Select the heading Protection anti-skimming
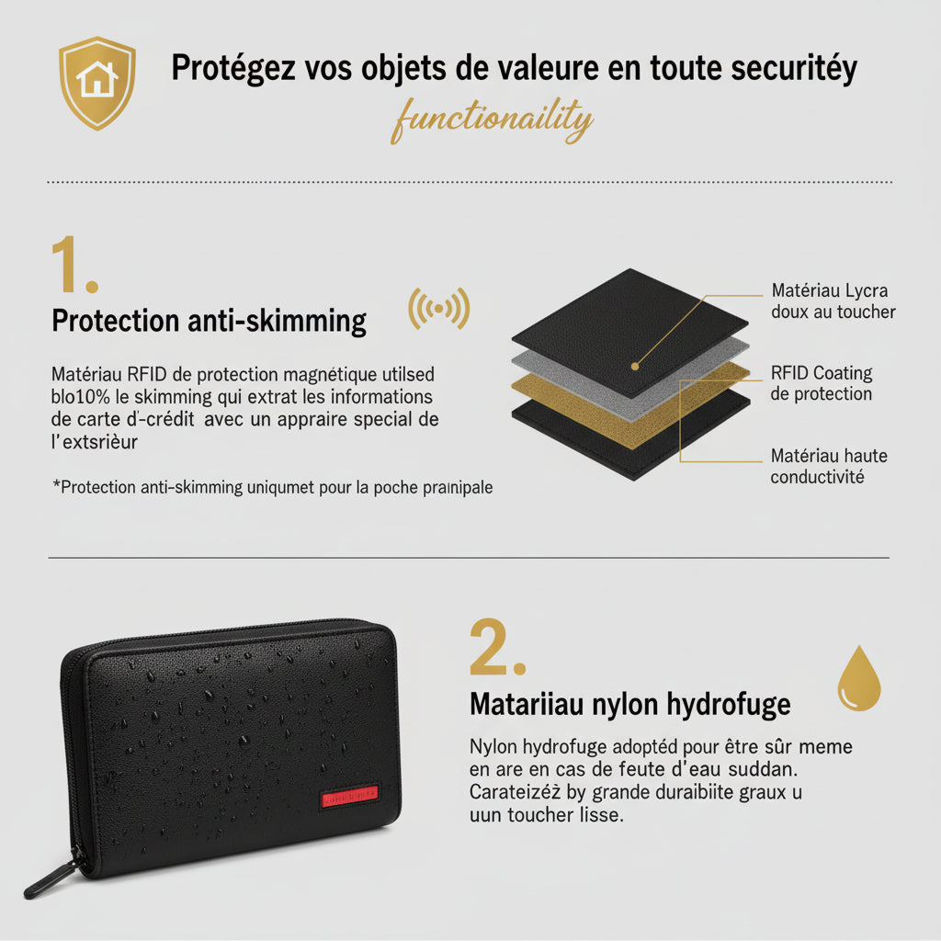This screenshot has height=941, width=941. point(209,321)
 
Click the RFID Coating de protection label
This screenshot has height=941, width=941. point(821,383)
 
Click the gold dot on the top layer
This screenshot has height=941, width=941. point(634,366)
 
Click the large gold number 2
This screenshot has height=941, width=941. point(496,649)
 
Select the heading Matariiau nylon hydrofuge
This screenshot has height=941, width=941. point(629,704)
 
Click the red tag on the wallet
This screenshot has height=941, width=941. point(350,796)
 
